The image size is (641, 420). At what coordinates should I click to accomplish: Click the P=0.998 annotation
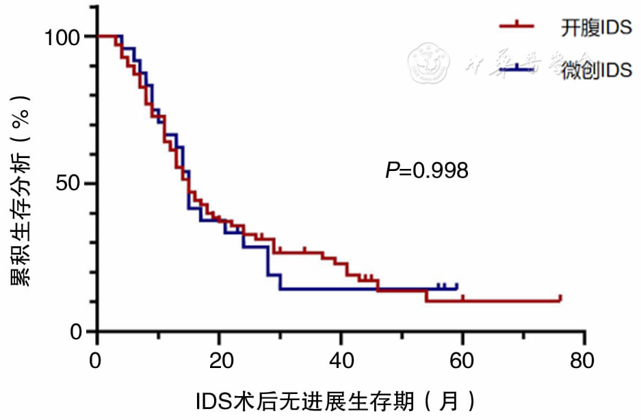click(x=427, y=170)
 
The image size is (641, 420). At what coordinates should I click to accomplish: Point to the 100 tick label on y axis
click(x=64, y=36)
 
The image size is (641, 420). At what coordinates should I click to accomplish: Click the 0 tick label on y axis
click(x=77, y=332)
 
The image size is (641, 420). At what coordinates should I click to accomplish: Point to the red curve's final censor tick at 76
click(x=560, y=298)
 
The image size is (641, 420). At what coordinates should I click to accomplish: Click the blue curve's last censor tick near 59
click(x=456, y=286)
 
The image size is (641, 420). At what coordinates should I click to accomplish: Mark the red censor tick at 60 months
click(x=462, y=298)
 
